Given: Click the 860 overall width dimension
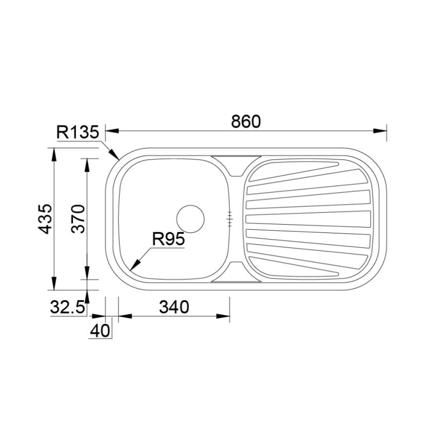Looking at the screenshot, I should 246,121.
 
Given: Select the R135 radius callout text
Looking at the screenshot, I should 77,133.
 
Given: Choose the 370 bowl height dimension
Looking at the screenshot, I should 77,219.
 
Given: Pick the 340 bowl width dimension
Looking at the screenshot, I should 174,307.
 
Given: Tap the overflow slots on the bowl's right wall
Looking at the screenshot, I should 230,219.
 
